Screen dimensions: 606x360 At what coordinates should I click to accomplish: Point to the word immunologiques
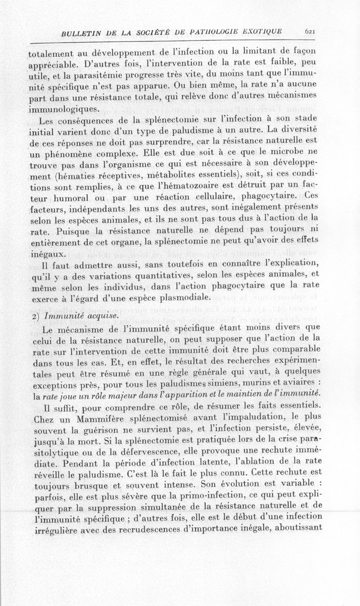tap(63, 109)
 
